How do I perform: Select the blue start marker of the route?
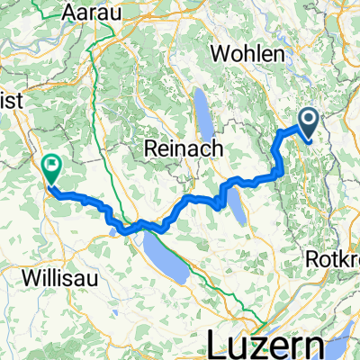(x=309, y=121)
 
